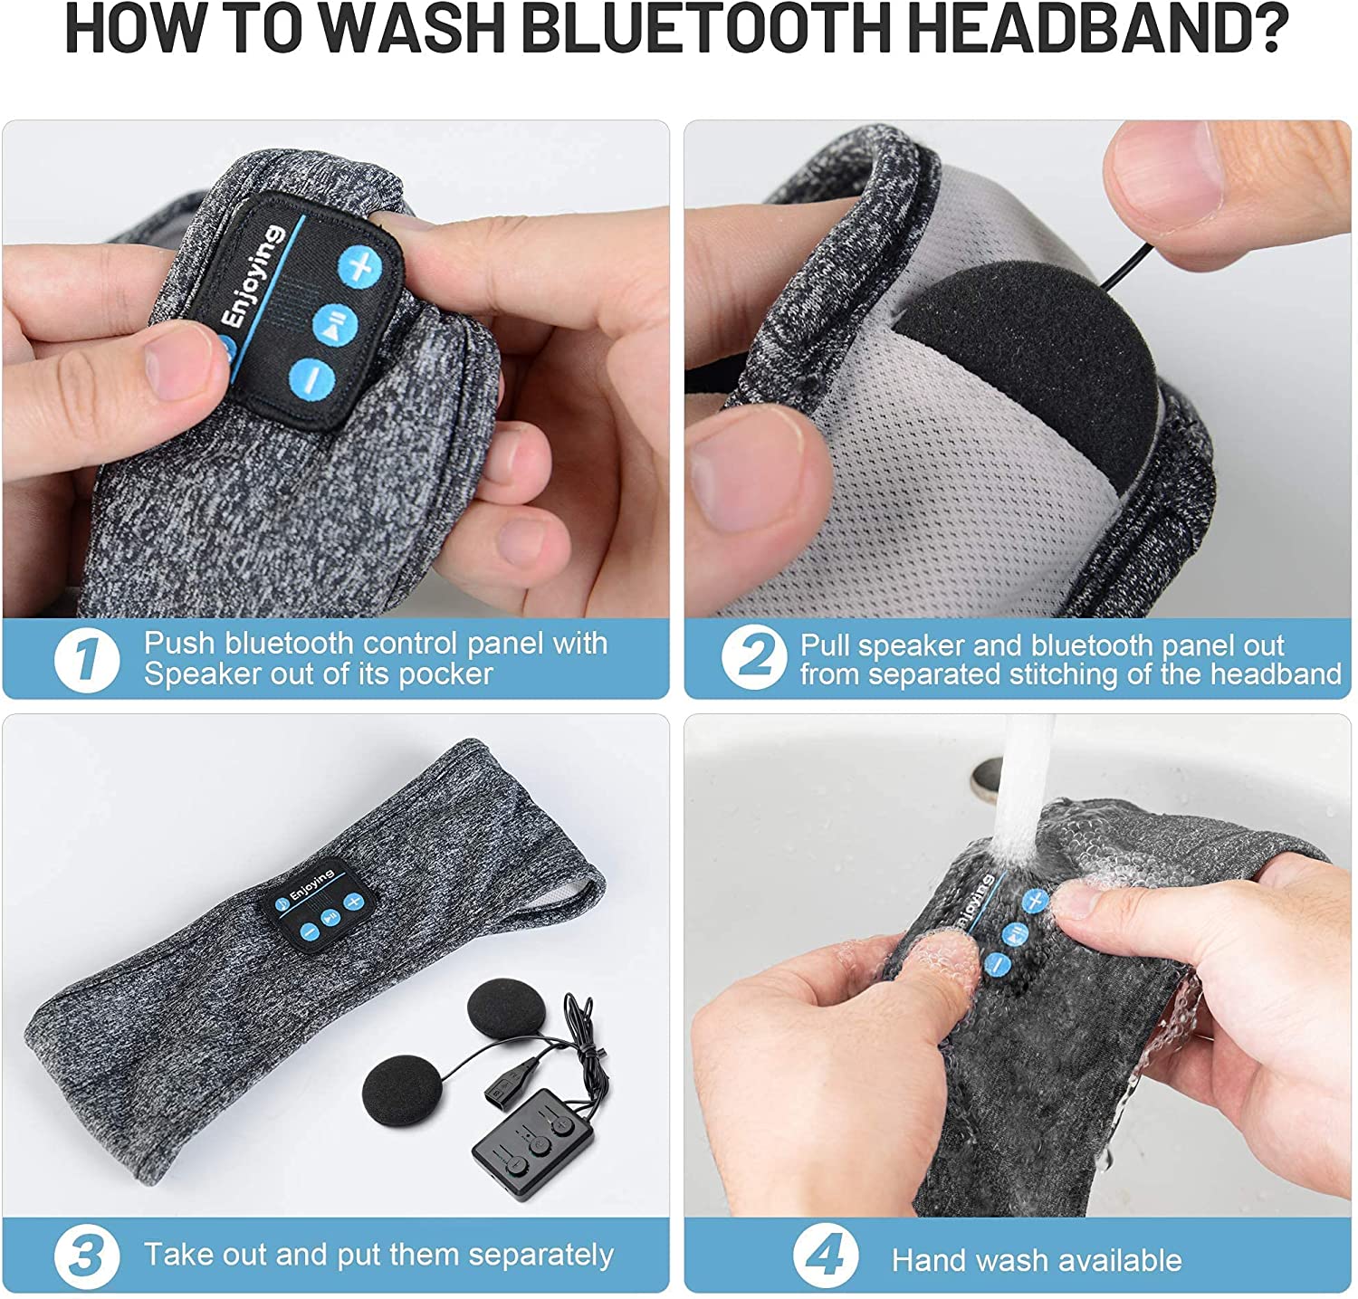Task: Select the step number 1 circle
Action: pos(86,659)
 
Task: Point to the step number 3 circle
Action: pos(86,1256)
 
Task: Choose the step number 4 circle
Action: pos(825,1256)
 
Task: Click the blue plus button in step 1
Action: pos(360,267)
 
